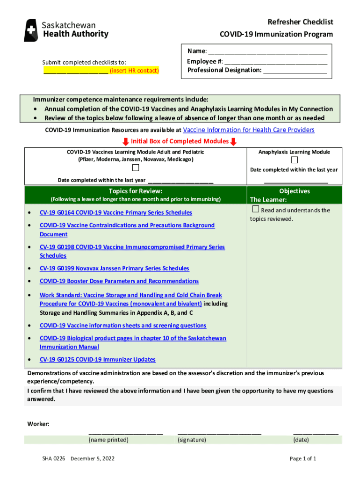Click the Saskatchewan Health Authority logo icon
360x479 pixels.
click(x=31, y=30)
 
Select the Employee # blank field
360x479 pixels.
click(x=275, y=62)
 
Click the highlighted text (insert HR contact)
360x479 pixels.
click(x=134, y=71)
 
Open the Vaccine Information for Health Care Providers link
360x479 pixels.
click(x=249, y=130)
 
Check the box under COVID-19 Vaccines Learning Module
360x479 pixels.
click(x=135, y=168)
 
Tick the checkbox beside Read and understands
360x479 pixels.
click(x=255, y=209)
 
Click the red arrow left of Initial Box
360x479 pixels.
click(x=125, y=142)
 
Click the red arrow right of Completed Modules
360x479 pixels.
click(x=234, y=142)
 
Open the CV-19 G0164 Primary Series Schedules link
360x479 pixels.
click(x=115, y=213)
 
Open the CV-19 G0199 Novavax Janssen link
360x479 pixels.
click(x=114, y=269)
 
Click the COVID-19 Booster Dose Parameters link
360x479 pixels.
click(x=119, y=281)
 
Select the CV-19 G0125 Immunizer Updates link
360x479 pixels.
click(x=97, y=360)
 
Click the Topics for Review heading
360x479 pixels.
click(x=135, y=191)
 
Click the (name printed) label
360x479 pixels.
click(x=108, y=440)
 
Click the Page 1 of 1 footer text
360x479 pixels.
click(x=303, y=459)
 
